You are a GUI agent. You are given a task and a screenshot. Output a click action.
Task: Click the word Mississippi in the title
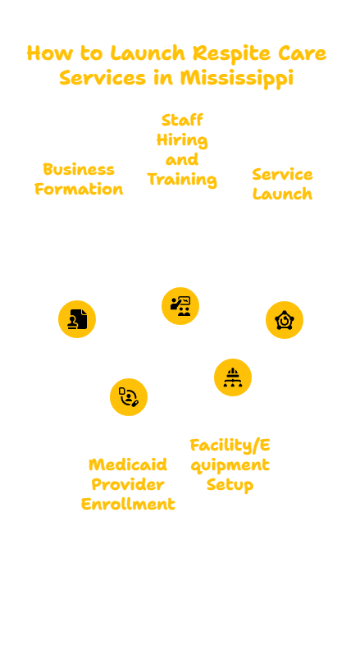click(237, 78)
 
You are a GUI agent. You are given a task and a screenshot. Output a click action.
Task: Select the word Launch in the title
click(148, 53)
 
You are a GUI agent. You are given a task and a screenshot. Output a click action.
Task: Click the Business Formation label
click(79, 180)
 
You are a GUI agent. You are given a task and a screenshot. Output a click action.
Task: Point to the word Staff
click(182, 120)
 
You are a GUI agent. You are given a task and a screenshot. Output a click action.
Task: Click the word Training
click(182, 180)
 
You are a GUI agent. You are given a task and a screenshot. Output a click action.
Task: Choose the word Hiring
click(182, 140)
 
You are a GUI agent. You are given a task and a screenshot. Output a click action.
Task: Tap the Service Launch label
click(282, 185)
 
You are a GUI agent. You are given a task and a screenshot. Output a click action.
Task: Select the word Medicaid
click(128, 464)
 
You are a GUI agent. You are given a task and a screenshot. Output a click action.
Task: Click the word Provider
click(128, 484)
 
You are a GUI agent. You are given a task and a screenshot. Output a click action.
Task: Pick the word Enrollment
click(128, 504)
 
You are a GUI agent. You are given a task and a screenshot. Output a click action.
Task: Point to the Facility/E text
click(230, 445)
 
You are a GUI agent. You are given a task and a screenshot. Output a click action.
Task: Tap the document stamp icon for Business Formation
click(77, 319)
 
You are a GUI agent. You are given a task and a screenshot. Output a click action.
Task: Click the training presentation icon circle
click(180, 306)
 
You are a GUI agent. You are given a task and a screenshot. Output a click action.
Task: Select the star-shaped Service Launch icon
click(285, 320)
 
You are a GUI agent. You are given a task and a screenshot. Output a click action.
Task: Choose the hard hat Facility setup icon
click(233, 377)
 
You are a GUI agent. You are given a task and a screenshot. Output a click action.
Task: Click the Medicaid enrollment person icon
click(129, 397)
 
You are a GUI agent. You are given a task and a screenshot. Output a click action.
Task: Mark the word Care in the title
click(302, 53)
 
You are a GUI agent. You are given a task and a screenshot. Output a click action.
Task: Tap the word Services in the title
click(103, 78)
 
